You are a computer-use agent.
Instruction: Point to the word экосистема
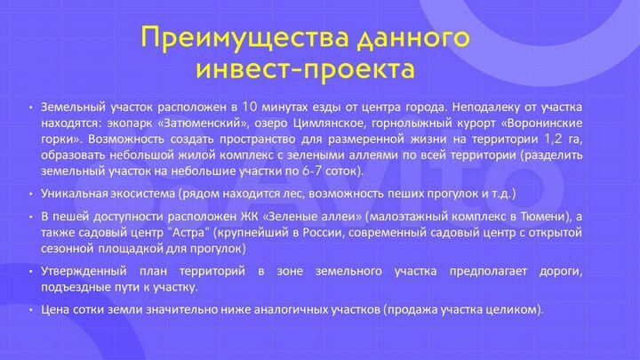point(146,193)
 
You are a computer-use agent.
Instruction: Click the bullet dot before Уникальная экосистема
point(31,194)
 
